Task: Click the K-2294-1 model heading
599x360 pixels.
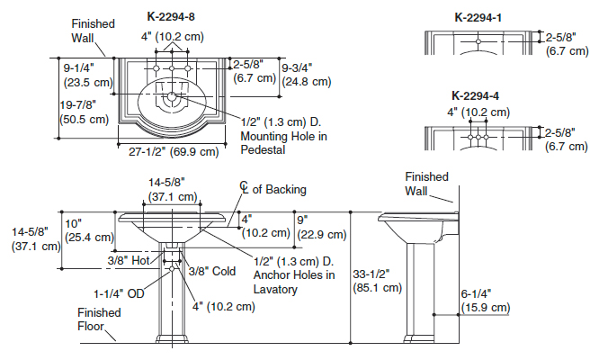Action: (485, 16)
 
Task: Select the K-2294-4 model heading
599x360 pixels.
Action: (485, 96)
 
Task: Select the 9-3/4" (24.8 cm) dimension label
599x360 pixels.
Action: (307, 74)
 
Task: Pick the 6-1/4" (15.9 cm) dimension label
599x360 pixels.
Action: (485, 301)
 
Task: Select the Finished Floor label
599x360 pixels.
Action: (99, 319)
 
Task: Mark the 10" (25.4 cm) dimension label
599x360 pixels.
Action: (88, 230)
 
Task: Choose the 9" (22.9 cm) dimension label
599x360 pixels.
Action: (320, 227)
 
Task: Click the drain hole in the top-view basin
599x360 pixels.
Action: (172, 95)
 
